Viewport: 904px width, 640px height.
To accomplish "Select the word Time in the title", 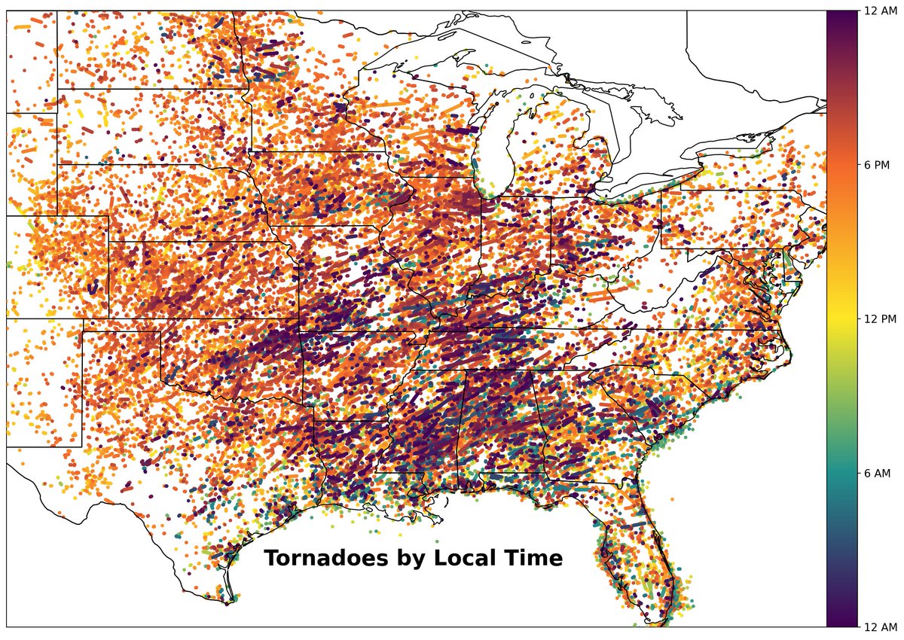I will [x=535, y=559].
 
